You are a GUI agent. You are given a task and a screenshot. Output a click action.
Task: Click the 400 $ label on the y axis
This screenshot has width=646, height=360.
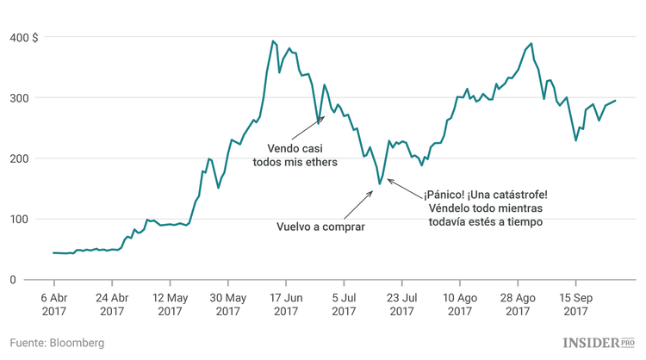point(24,37)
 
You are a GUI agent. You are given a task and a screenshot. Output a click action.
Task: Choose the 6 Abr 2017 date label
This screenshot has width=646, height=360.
point(54,304)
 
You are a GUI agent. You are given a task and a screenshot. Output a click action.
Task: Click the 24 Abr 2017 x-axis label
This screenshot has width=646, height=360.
point(112,304)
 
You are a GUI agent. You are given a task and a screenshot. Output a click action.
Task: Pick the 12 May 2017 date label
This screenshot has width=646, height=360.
point(170,304)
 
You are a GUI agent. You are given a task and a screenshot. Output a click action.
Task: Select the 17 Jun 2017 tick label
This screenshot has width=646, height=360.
point(286,304)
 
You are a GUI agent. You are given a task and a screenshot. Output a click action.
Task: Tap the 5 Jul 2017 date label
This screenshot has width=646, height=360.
point(344,304)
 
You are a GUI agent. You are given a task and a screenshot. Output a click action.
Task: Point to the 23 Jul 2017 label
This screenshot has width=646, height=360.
point(401,304)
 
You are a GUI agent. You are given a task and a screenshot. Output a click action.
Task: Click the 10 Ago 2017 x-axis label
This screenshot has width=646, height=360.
point(460,304)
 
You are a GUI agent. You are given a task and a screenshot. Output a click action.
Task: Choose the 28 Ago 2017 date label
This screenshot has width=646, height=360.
point(518,304)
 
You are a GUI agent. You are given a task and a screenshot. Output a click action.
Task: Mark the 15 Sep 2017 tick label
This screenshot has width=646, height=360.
point(575,304)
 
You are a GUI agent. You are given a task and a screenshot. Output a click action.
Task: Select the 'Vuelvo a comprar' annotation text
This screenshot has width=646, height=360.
point(320,227)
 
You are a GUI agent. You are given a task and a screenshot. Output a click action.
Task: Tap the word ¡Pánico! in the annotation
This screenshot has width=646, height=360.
point(445,195)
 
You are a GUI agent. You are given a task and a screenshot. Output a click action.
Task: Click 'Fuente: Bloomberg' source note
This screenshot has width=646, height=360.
point(57,343)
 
